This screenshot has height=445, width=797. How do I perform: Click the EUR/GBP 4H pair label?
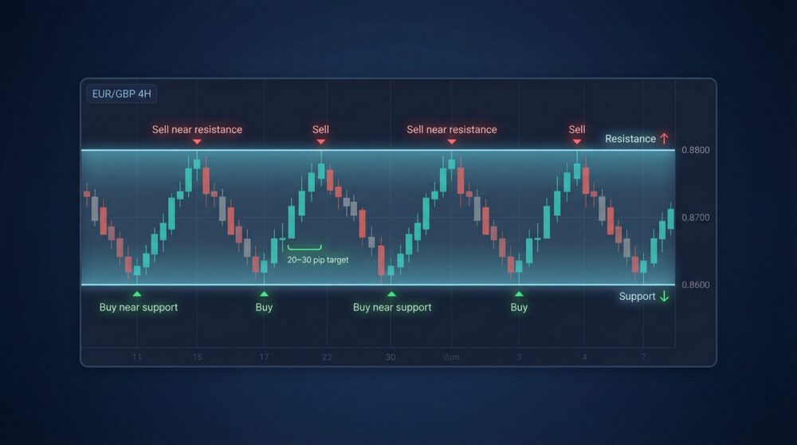click(x=121, y=94)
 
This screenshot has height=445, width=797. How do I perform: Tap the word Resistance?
click(x=630, y=139)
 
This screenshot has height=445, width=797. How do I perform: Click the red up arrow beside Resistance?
click(x=664, y=139)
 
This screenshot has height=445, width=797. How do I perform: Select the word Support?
click(x=637, y=297)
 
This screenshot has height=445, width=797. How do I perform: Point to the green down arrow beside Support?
click(x=665, y=297)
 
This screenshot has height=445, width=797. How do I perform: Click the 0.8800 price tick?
click(x=696, y=150)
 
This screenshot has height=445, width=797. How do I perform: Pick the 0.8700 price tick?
click(x=696, y=218)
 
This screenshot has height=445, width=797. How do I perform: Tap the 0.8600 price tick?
click(x=696, y=285)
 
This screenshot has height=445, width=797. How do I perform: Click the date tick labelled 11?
click(x=137, y=357)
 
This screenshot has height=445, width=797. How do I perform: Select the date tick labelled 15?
click(x=197, y=357)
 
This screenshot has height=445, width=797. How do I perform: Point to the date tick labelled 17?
click(x=264, y=357)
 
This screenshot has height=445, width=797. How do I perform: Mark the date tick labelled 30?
click(x=391, y=357)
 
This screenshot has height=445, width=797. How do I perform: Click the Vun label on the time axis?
click(x=451, y=357)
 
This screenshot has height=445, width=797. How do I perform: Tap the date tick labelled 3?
click(x=519, y=357)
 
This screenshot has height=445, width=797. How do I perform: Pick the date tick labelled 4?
click(x=584, y=357)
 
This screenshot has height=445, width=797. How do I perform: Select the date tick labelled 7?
click(x=643, y=357)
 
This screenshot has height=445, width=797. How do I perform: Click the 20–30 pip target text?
click(x=318, y=260)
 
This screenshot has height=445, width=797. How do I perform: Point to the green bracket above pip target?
click(x=304, y=249)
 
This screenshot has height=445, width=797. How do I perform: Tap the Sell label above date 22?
click(x=320, y=129)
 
